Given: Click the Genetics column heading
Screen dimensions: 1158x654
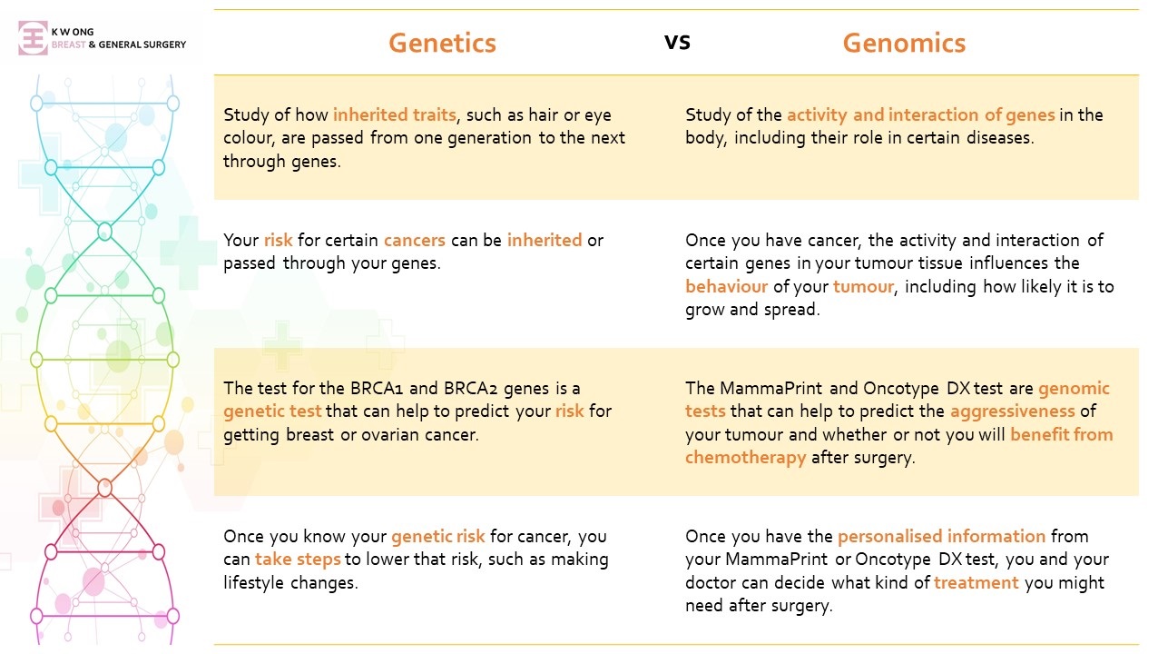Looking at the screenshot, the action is point(442,43).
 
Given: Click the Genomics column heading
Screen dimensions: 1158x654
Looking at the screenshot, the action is point(904,43).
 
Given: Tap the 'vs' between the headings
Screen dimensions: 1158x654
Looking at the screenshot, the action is point(677,42).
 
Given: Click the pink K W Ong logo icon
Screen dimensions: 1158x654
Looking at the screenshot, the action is point(33,38).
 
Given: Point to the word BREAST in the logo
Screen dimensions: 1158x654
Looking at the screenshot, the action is point(69,45).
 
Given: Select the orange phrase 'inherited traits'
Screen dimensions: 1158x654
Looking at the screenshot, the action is point(395,114).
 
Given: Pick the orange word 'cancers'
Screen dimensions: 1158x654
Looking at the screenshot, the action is point(415,240).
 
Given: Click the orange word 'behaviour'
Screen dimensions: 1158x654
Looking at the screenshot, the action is point(726,286).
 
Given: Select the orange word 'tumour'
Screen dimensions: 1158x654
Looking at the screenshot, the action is point(863,286).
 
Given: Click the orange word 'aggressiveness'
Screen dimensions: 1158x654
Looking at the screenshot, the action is point(1013,411).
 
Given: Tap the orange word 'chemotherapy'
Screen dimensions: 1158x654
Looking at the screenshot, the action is point(745,458).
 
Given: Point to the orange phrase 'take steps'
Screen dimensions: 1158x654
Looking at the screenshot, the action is point(298,560).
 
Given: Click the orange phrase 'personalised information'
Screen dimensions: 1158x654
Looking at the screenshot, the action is point(942,536).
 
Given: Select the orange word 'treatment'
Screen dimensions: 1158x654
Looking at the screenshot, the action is point(976,583).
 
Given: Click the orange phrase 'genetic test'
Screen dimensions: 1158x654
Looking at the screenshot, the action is point(272,411).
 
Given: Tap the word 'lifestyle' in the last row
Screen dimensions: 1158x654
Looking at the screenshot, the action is point(254,583).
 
